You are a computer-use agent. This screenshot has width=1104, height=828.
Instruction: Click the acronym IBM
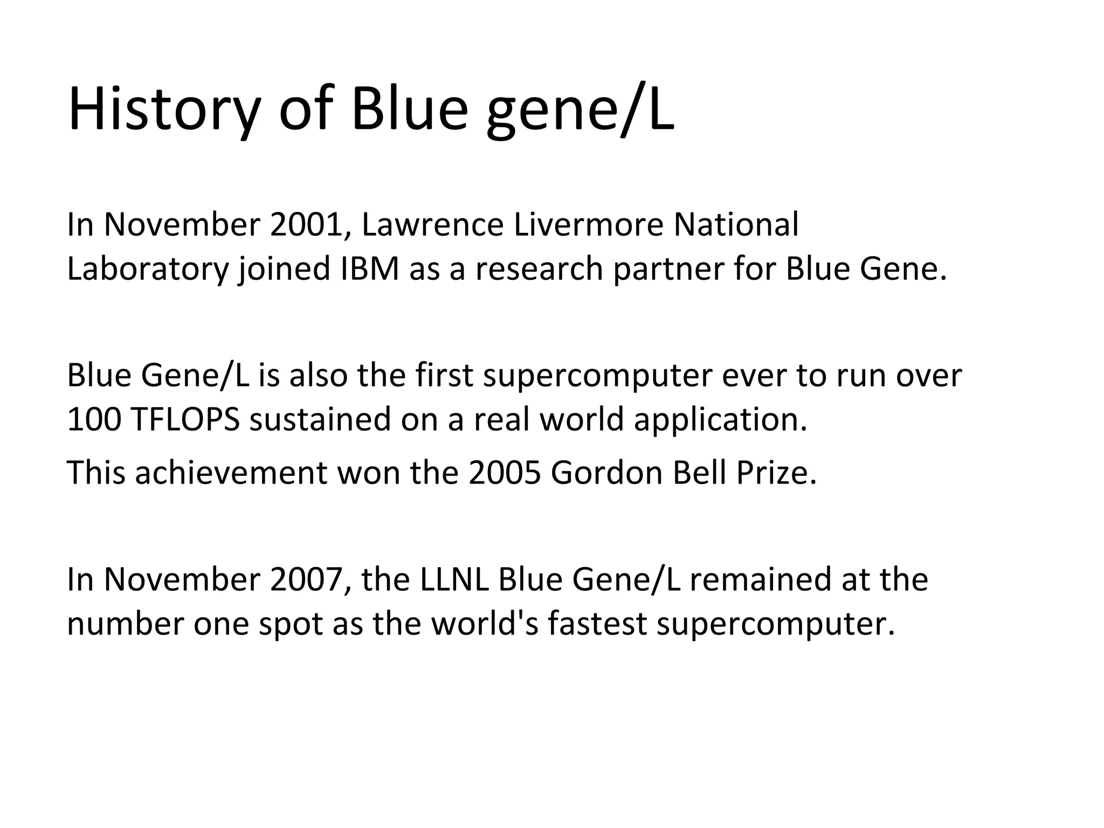[370, 269]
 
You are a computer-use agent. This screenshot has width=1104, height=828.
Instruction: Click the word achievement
[231, 473]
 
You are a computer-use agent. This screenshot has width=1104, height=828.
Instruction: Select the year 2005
[505, 473]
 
